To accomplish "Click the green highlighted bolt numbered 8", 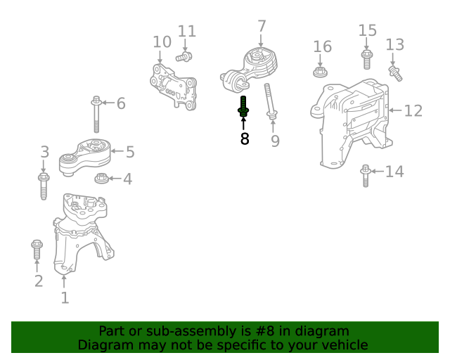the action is (x=243, y=106).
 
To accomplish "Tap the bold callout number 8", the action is (x=245, y=139).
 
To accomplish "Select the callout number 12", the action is (x=413, y=111).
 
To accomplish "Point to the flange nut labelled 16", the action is (x=321, y=72).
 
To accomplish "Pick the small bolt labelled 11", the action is (x=184, y=56).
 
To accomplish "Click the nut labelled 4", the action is (x=101, y=179).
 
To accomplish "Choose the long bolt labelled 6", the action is (x=96, y=115).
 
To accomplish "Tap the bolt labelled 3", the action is (x=44, y=186).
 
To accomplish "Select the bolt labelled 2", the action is (x=37, y=249).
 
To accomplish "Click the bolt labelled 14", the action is (x=366, y=176).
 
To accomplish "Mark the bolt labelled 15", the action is (x=367, y=60).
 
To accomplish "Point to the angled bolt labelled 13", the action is (x=395, y=74).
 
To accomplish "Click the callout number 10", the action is (x=162, y=42).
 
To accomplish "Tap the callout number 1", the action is (x=65, y=297).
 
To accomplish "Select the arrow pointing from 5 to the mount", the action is (x=117, y=151).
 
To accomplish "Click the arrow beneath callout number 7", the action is (x=261, y=41).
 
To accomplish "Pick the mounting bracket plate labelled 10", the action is (x=174, y=86).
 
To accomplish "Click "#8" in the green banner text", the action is (x=264, y=331).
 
